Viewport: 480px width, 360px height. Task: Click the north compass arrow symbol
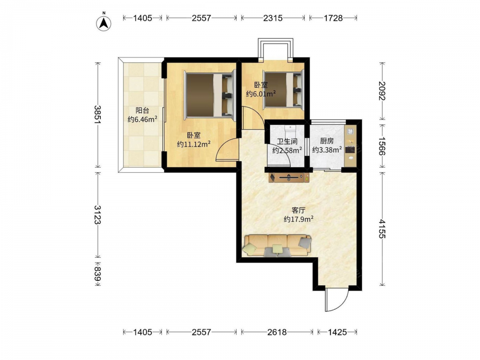pyautogui.click(x=104, y=23)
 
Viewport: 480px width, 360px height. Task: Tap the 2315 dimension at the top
pyautogui.click(x=273, y=18)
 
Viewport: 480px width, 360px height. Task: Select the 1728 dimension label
pyautogui.click(x=333, y=18)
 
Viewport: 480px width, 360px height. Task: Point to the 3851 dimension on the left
pyautogui.click(x=98, y=115)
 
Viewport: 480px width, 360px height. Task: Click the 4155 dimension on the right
pyautogui.click(x=383, y=228)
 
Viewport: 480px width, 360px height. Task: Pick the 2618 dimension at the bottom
pyautogui.click(x=277, y=332)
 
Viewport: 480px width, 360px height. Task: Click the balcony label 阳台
pyautogui.click(x=143, y=110)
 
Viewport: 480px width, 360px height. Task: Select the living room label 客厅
pyautogui.click(x=299, y=210)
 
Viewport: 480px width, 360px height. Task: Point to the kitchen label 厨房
pyautogui.click(x=326, y=141)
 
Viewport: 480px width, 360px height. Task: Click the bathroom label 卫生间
pyautogui.click(x=287, y=142)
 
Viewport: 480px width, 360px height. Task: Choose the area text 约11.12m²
pyautogui.click(x=194, y=144)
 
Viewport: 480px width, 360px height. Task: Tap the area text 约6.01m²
pyautogui.click(x=261, y=94)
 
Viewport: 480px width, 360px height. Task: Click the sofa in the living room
pyautogui.click(x=277, y=245)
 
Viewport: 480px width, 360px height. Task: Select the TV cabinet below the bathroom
pyautogui.click(x=289, y=178)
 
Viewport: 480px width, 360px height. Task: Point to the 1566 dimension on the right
pyautogui.click(x=383, y=146)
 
